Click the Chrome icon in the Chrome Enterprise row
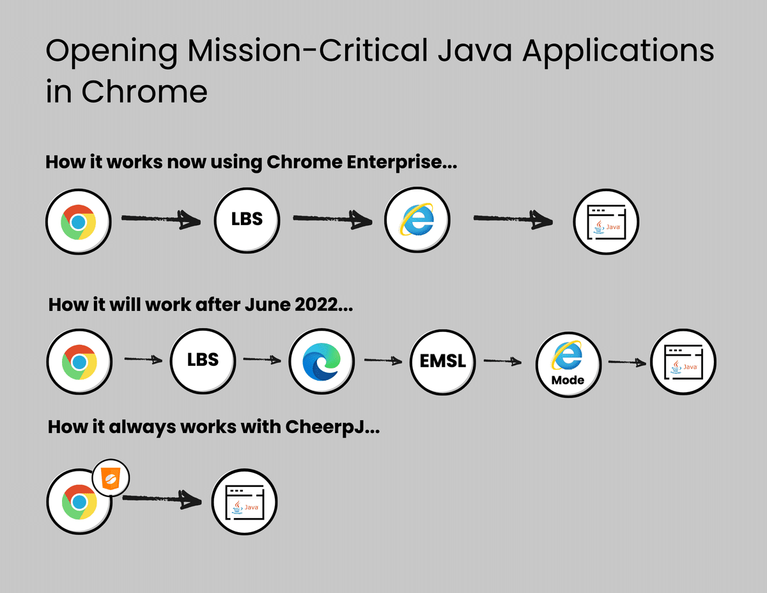[78, 222]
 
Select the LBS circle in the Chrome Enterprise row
[247, 219]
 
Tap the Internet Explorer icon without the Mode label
[416, 219]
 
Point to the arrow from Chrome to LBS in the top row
[160, 219]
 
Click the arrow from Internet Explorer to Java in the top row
[513, 219]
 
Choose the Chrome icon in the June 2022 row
[79, 363]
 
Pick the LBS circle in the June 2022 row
[203, 360]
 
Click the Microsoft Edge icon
[322, 361]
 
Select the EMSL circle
[443, 363]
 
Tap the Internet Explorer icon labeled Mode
[568, 363]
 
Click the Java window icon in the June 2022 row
[683, 363]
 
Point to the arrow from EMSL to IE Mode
[505, 361]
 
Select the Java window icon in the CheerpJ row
[244, 502]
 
